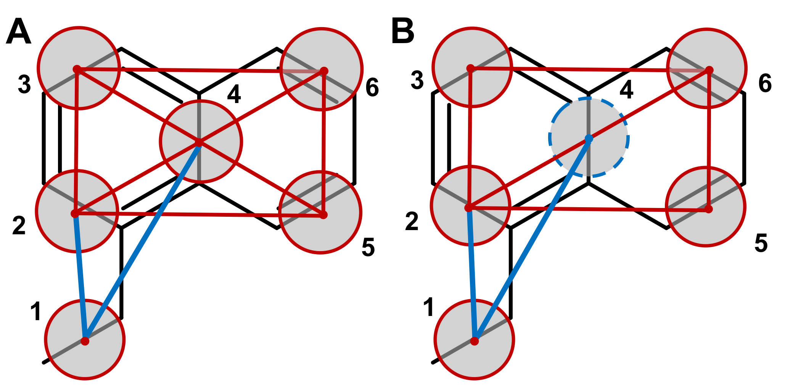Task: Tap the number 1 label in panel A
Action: pos(36,311)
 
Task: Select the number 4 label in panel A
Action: pos(234,95)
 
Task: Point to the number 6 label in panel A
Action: pos(372,88)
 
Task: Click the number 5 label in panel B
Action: pos(761,243)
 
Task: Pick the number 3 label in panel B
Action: pos(417,81)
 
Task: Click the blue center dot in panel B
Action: pos(589,139)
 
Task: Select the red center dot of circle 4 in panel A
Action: pos(199,143)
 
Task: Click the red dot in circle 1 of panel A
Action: pos(85,341)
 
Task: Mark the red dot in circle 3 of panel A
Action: pos(77,69)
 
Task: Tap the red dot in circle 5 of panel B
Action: pos(708,209)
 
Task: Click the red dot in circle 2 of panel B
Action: pos(468,208)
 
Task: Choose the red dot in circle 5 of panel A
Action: pos(323,215)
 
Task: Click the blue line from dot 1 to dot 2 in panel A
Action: pos(80,277)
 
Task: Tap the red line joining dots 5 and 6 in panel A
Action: pos(324,143)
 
